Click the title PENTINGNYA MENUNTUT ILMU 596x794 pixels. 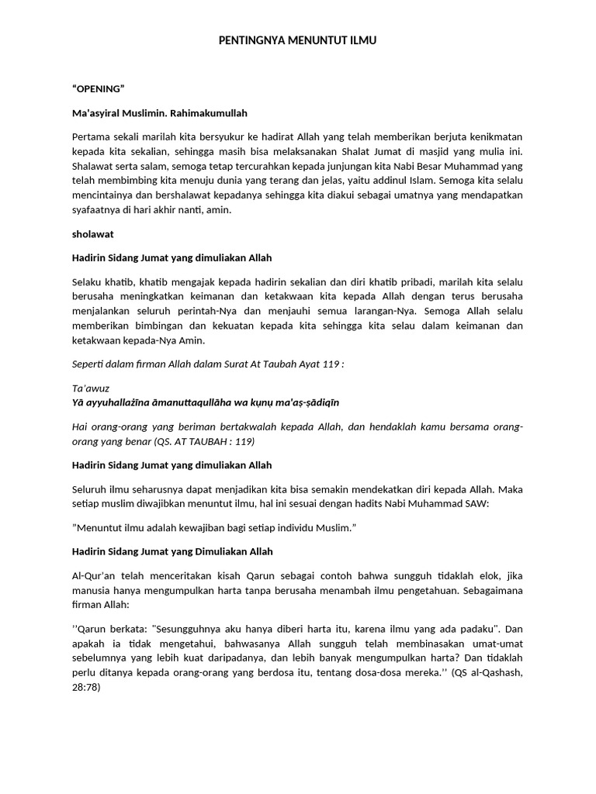click(x=297, y=40)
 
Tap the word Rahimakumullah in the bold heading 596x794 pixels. click(x=210, y=113)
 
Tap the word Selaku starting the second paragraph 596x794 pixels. click(x=88, y=281)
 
